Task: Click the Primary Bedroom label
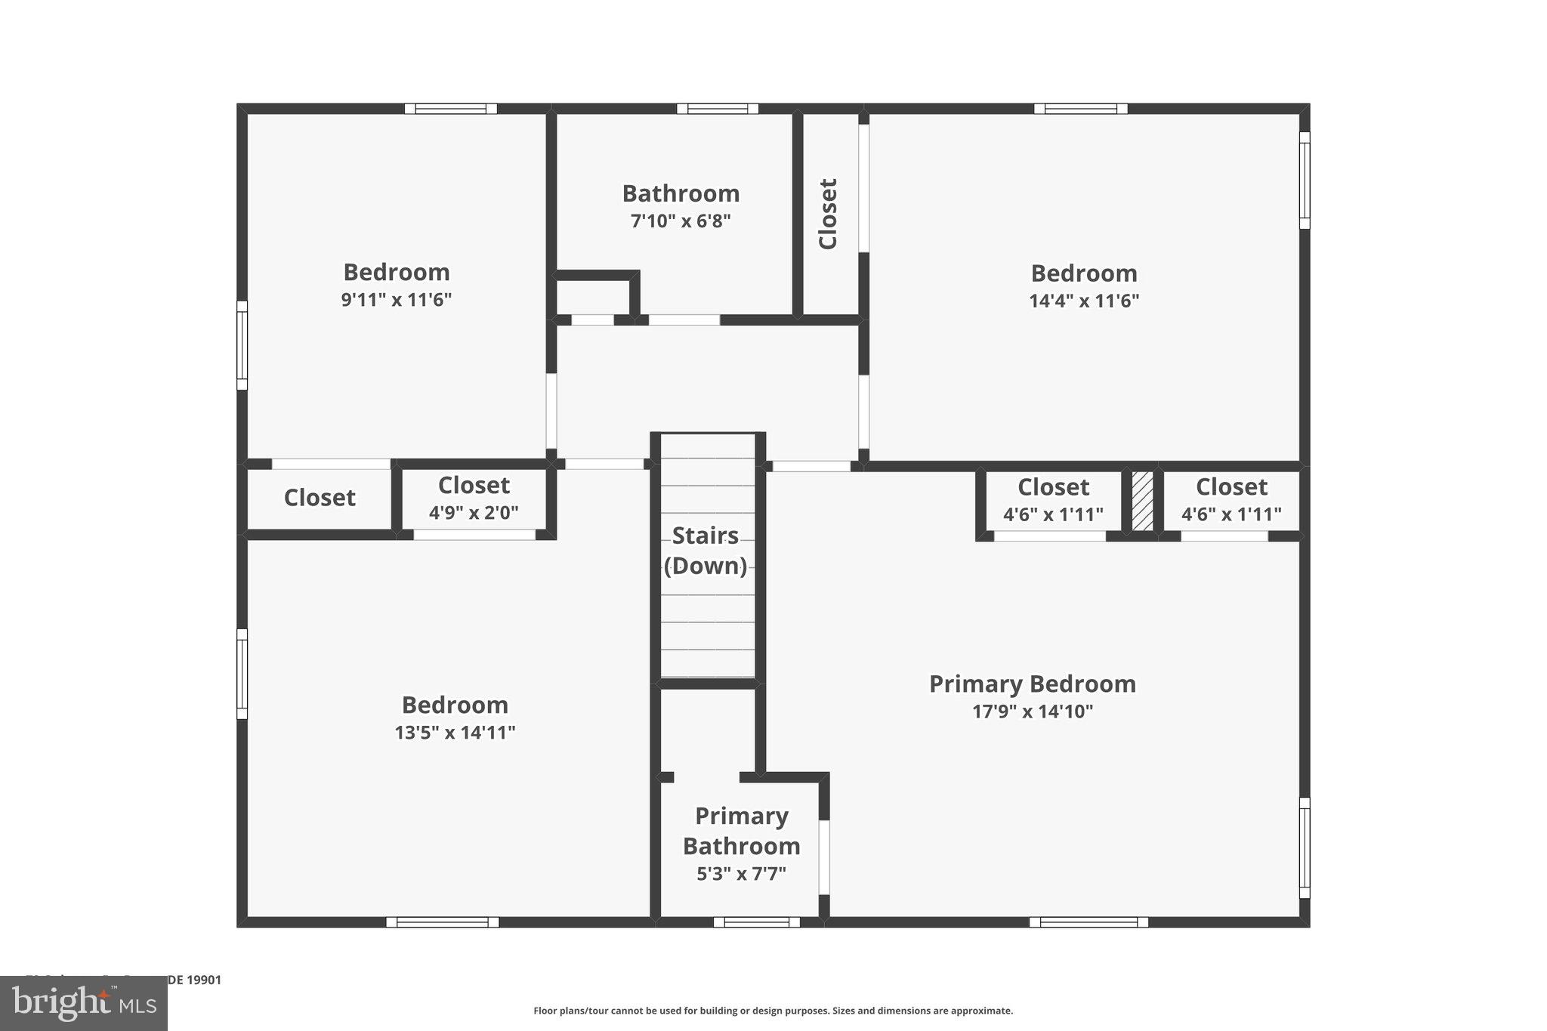[1032, 684]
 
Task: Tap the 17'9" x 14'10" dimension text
[1032, 712]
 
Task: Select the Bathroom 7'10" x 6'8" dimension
[681, 221]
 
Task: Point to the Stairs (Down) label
[706, 551]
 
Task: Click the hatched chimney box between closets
[1142, 502]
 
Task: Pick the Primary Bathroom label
[741, 831]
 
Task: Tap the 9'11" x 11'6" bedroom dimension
[397, 300]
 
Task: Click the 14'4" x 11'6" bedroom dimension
[1084, 301]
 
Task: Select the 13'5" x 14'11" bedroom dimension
[455, 733]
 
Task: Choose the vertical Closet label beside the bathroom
[829, 214]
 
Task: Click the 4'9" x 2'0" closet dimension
[474, 513]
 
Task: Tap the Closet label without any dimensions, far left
[320, 498]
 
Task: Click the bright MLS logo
[84, 1003]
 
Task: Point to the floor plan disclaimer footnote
[773, 1011]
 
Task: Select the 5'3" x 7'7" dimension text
[741, 874]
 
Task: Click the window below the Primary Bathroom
[756, 921]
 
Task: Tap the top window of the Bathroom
[717, 109]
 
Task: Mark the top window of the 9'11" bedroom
[450, 109]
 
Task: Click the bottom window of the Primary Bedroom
[1088, 921]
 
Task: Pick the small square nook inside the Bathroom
[593, 296]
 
